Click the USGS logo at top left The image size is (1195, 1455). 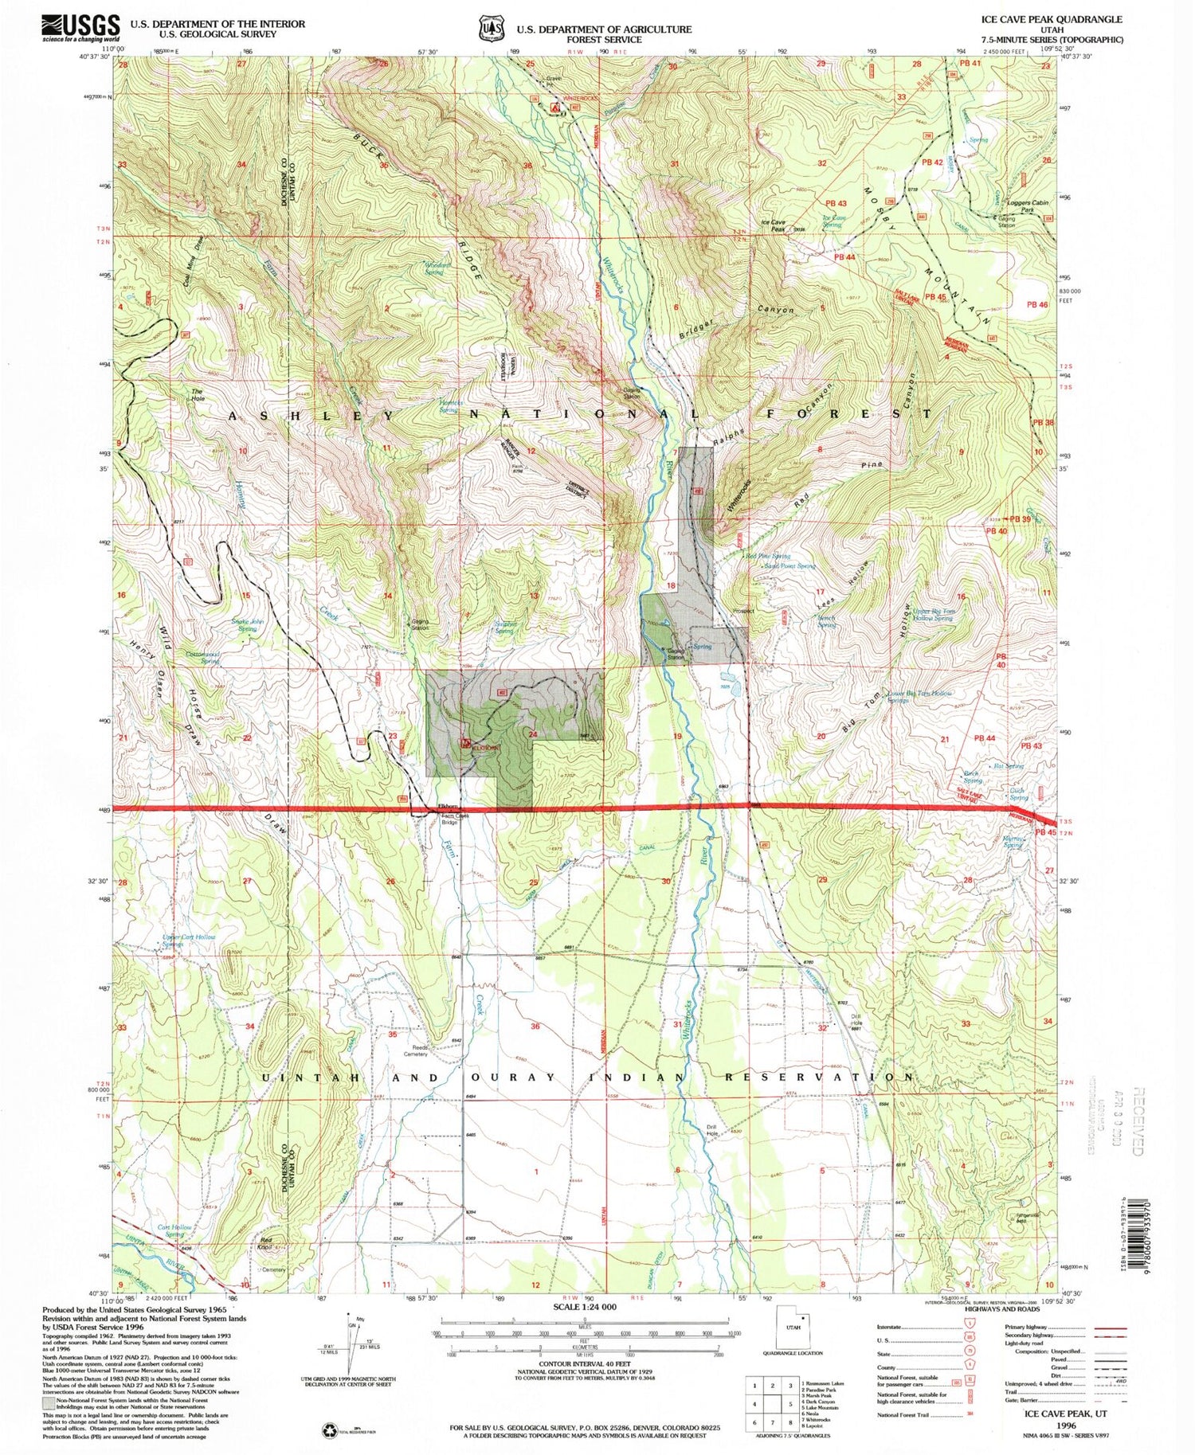[80, 28]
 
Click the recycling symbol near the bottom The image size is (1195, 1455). [329, 1430]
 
